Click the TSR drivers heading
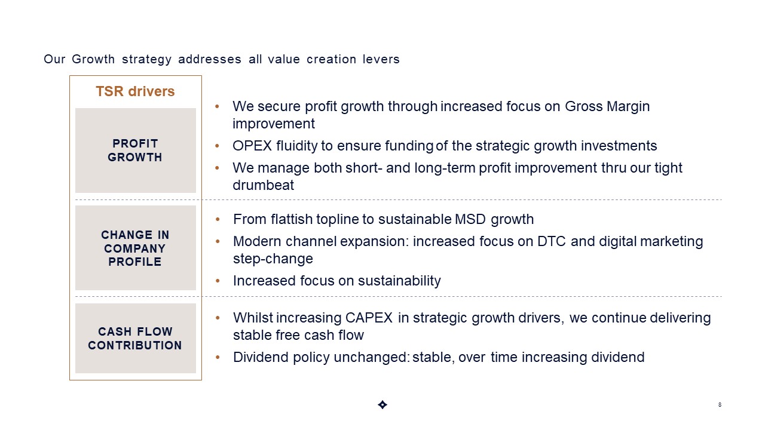pyautogui.click(x=135, y=91)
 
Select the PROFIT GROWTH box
pyautogui.click(x=136, y=150)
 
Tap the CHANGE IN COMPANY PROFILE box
pyautogui.click(x=136, y=248)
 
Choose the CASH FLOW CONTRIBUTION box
pyautogui.click(x=136, y=338)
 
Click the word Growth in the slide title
pyautogui.click(x=93, y=60)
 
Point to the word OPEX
pyautogui.click(x=252, y=146)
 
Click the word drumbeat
pyautogui.click(x=263, y=185)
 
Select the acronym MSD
pyautogui.click(x=470, y=219)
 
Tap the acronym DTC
pyautogui.click(x=552, y=241)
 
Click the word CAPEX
pyautogui.click(x=369, y=318)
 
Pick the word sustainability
pyautogui.click(x=399, y=281)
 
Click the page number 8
pyautogui.click(x=720, y=405)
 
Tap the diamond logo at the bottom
pyautogui.click(x=382, y=405)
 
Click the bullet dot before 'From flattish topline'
pyautogui.click(x=218, y=219)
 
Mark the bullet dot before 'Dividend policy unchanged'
pyautogui.click(x=218, y=357)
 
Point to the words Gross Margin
pyautogui.click(x=607, y=106)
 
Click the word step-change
pyautogui.click(x=273, y=259)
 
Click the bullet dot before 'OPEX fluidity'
pyautogui.click(x=217, y=146)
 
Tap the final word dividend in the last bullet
pyautogui.click(x=618, y=357)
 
